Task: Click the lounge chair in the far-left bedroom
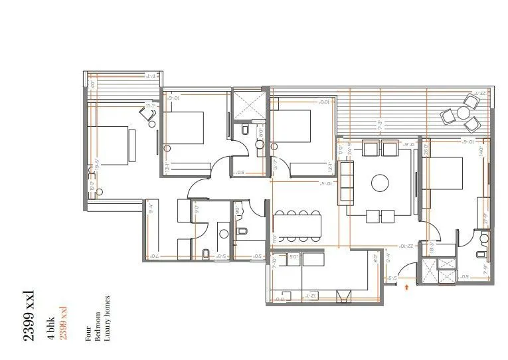click(x=147, y=114)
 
